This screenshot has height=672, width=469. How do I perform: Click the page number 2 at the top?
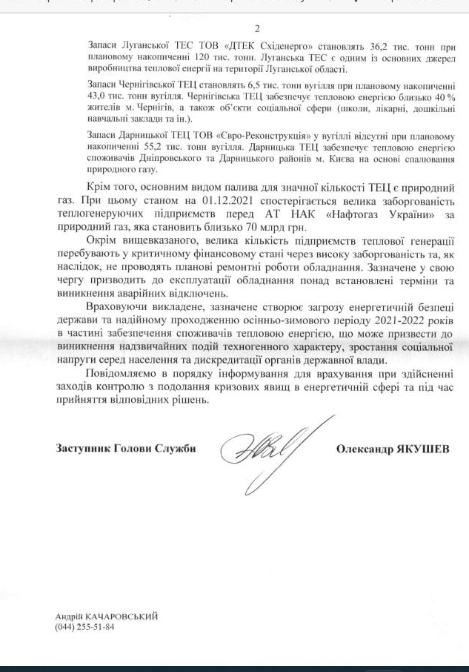[x=256, y=29]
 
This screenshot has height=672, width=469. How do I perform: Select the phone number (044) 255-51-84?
[x=84, y=627]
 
